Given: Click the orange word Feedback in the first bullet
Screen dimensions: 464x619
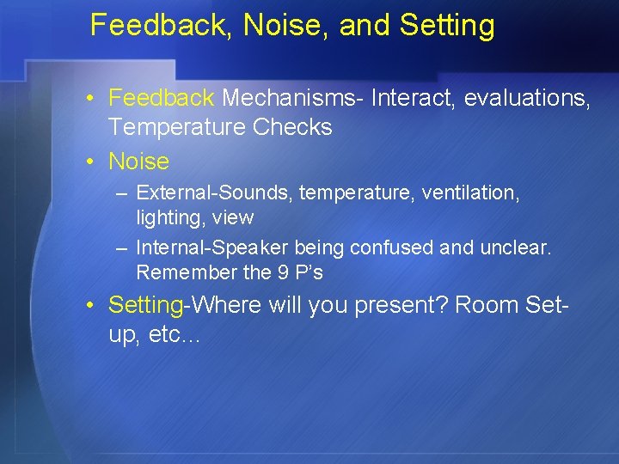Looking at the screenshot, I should tap(162, 99).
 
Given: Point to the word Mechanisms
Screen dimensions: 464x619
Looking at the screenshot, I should tap(292, 99).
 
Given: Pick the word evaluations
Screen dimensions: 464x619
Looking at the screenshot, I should tap(526, 99).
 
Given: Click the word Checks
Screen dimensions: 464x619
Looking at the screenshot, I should tap(292, 127).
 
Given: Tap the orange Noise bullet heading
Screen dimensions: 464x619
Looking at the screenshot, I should tap(138, 161).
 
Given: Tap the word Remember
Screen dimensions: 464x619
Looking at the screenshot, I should tap(180, 272).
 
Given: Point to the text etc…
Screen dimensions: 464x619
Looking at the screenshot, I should tap(174, 334).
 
